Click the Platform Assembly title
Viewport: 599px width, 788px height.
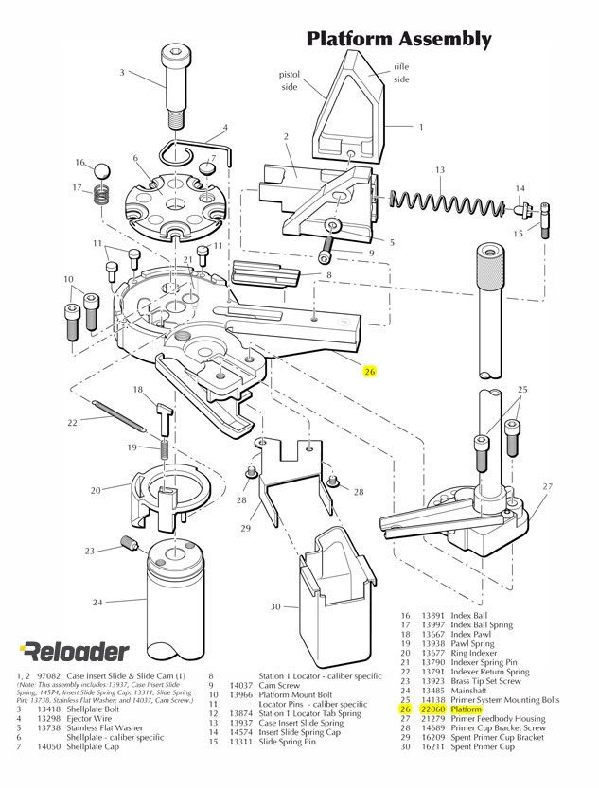point(398,39)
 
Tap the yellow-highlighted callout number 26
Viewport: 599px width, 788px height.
point(370,372)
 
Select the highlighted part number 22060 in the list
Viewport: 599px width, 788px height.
point(432,709)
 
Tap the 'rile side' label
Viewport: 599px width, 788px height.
point(400,74)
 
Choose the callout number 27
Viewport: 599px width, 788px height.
point(546,486)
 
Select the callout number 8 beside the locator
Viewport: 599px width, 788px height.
point(328,274)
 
